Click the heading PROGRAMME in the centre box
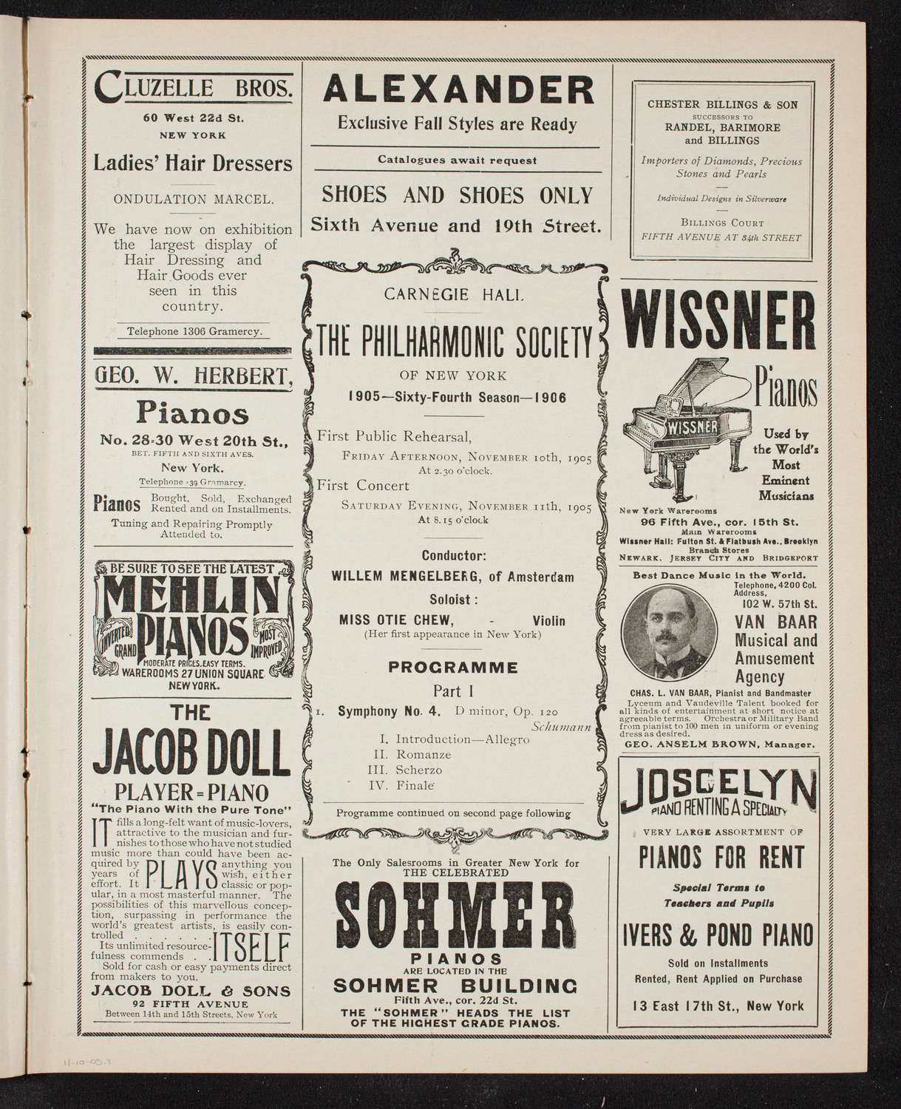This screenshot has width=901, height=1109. click(x=453, y=668)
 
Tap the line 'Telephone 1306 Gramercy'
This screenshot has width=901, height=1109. click(x=193, y=331)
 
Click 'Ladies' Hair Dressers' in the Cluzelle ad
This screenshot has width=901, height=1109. click(x=193, y=163)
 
